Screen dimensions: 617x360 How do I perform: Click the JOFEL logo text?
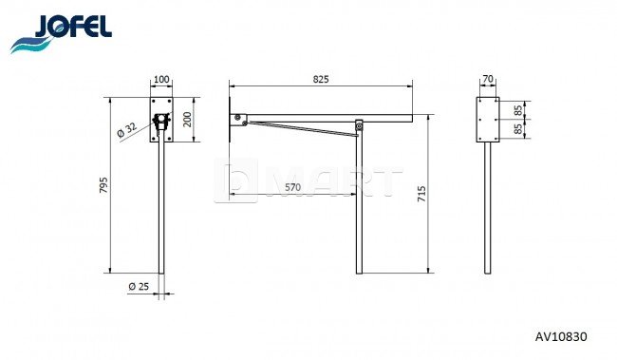point(74,27)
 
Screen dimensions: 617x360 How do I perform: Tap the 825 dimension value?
point(321,79)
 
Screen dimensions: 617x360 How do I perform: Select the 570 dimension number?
point(292,187)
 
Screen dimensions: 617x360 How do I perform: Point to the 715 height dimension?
point(421,194)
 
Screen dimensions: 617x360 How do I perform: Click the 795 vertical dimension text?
point(103,185)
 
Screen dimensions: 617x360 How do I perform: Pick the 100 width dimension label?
point(161,79)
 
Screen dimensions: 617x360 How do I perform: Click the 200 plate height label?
point(187,120)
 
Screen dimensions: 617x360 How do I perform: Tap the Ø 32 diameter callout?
point(127,129)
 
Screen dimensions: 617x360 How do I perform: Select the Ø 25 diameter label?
point(139,286)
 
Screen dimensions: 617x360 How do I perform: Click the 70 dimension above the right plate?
point(488,79)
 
